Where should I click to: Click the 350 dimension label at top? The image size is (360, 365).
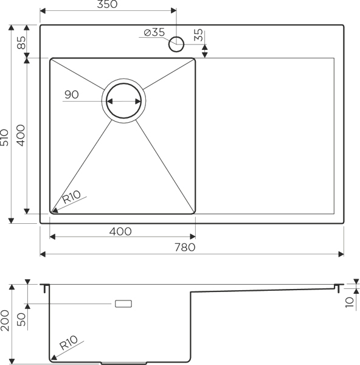tap(107, 4)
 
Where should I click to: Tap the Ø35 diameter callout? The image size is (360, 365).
tap(154, 32)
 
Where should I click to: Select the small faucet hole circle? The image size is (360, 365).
tap(176, 44)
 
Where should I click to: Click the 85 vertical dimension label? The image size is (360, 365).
tap(21, 43)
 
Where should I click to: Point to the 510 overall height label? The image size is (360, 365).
tap(4, 137)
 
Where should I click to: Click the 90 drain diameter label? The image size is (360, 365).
tap(72, 94)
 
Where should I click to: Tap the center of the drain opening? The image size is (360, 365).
tap(124, 101)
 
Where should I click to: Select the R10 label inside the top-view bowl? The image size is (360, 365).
tap(71, 197)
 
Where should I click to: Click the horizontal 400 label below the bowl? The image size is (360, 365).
tap(120, 231)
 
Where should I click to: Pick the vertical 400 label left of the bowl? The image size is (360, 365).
tap(21, 136)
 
